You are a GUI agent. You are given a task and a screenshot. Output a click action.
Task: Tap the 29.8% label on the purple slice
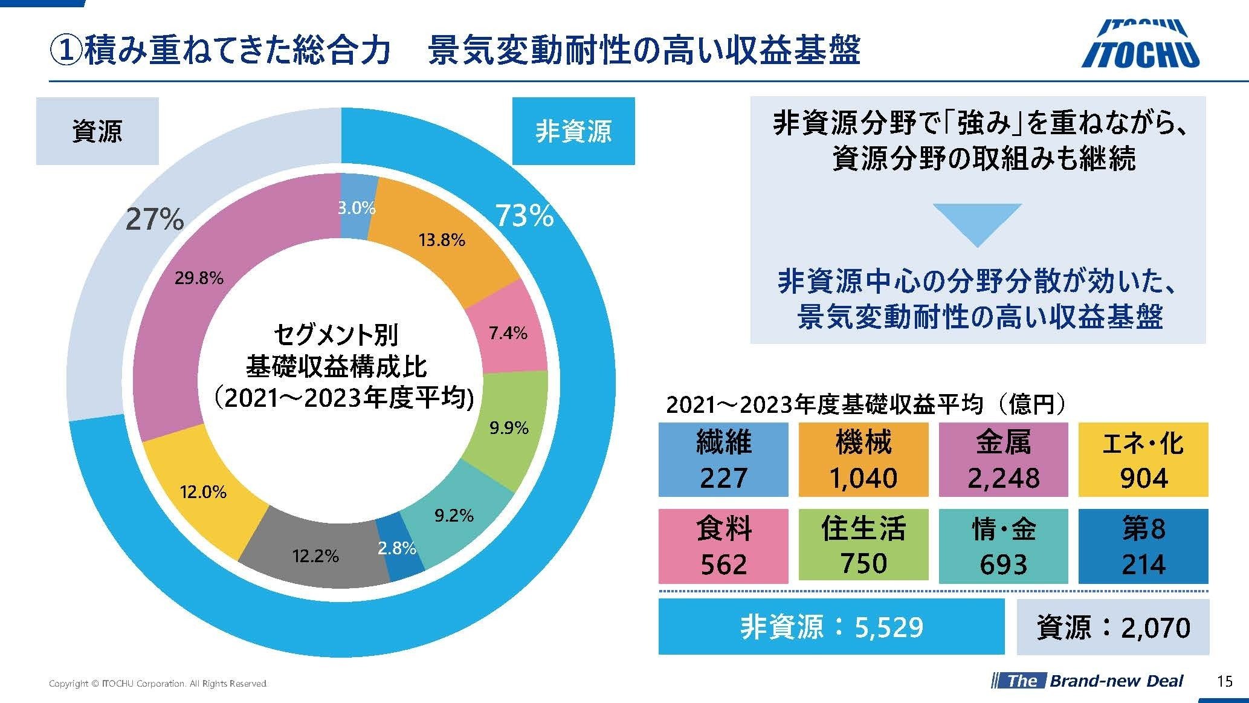199,278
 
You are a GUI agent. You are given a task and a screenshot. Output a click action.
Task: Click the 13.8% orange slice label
442,241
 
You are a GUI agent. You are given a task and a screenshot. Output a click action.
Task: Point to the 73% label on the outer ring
524,216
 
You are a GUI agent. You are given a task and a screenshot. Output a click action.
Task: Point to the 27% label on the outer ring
155,219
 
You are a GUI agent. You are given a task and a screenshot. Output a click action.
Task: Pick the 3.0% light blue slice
356,209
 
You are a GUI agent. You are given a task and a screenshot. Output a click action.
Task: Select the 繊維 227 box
723,459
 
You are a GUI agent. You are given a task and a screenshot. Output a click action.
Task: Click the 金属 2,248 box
1003,459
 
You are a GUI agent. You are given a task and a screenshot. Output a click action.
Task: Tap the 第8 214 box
1143,546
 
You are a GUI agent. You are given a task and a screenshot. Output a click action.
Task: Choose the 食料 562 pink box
723,546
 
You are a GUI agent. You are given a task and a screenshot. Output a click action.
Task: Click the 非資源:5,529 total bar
831,627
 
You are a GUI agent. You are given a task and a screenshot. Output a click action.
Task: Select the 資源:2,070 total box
1113,627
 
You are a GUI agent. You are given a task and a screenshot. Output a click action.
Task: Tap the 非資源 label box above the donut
573,131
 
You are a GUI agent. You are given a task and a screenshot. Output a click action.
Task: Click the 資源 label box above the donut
97,131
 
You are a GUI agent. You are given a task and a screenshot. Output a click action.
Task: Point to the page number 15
1224,681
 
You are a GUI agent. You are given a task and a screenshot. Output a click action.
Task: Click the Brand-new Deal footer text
1115,681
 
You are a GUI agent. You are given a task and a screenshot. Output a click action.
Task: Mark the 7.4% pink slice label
508,333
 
